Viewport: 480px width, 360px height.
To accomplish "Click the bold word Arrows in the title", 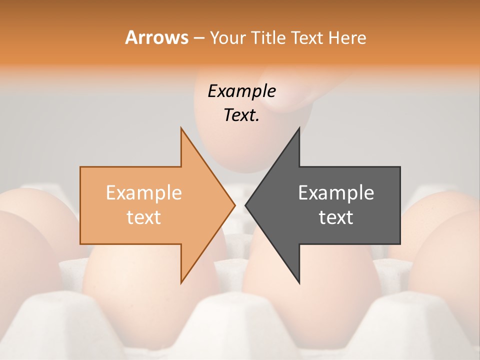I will click(x=156, y=37).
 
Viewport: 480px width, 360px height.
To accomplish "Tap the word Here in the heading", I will click(x=347, y=37).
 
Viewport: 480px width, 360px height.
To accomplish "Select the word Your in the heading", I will click(x=228, y=37).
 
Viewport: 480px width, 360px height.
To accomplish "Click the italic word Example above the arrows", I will click(x=241, y=91).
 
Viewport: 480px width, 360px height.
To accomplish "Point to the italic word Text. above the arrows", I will click(x=241, y=115).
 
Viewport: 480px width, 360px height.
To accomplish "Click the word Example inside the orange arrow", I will click(x=143, y=193).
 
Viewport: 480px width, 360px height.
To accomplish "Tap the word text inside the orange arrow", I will click(x=143, y=217).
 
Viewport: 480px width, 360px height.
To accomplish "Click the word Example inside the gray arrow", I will click(x=336, y=193).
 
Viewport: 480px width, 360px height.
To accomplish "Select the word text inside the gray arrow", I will click(x=336, y=217).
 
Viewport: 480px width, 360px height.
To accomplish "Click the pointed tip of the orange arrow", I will click(x=234, y=205).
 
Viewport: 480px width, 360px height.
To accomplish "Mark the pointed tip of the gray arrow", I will click(x=245, y=205).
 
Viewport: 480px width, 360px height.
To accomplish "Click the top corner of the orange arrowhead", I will click(x=181, y=128).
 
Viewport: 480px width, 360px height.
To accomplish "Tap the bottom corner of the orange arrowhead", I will click(x=181, y=283).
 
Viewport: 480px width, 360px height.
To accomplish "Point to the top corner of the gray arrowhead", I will click(x=299, y=128).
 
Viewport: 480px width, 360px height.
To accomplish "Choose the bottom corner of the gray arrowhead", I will click(x=299, y=283).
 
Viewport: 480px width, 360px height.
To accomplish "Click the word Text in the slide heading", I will click(x=307, y=37).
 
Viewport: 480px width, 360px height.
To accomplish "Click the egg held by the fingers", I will click(x=230, y=145).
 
